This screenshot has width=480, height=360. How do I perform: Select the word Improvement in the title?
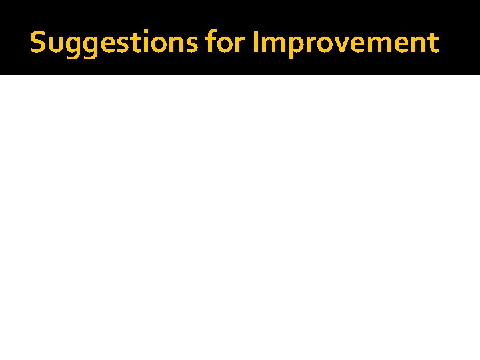point(345,43)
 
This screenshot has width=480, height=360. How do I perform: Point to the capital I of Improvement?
point(257,43)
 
